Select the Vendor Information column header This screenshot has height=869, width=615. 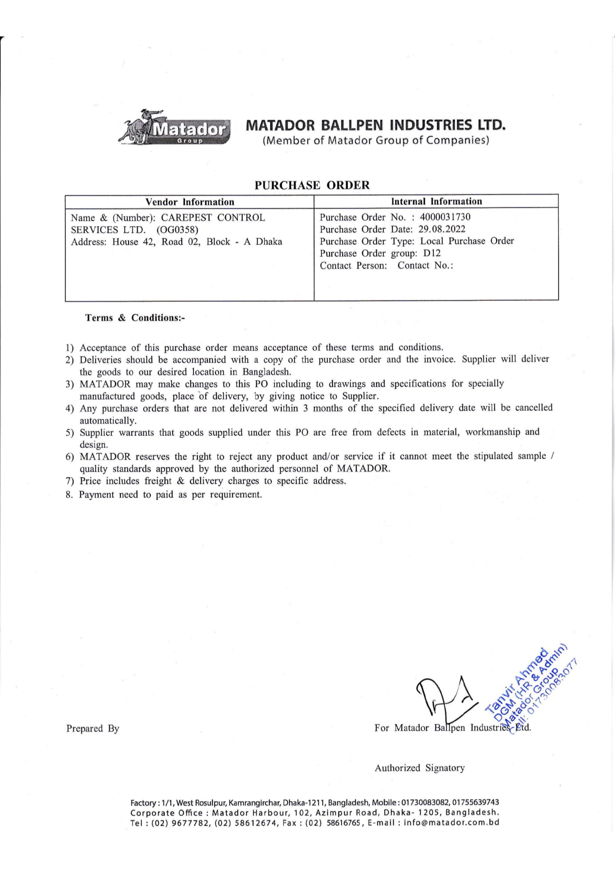[x=190, y=202]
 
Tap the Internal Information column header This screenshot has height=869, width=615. [x=436, y=201]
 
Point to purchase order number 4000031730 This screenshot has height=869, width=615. [x=445, y=217]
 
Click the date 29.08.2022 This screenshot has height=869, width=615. [x=442, y=229]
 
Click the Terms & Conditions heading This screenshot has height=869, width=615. [x=135, y=318]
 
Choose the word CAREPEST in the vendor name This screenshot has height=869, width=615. [x=184, y=218]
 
